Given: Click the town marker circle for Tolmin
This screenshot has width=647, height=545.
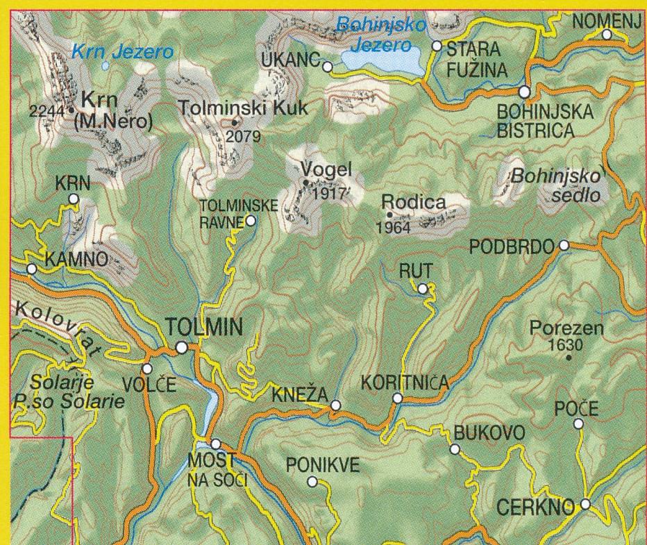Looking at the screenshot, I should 181,347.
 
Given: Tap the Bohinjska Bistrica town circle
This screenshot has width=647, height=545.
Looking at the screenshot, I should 525,92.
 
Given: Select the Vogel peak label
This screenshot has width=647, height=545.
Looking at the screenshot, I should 327,169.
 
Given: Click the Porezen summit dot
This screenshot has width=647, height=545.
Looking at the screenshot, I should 569,358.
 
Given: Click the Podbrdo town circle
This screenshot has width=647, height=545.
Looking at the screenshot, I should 564,245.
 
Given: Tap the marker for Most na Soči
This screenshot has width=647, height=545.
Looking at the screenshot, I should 215,443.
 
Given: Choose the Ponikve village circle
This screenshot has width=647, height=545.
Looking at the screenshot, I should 312,481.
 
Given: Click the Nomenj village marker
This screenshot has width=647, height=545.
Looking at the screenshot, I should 606,35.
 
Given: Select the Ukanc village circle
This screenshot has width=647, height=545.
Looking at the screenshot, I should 327,67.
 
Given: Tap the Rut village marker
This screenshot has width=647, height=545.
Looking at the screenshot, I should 422,288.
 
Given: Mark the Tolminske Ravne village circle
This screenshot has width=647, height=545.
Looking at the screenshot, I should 250,221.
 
